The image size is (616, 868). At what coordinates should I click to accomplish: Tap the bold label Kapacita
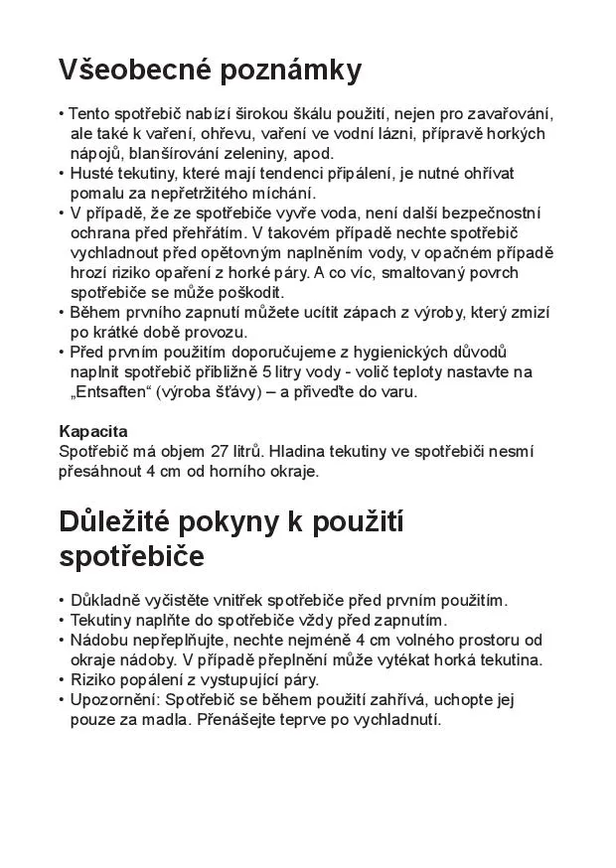point(93,431)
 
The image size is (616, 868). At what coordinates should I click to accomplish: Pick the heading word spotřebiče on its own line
point(131,557)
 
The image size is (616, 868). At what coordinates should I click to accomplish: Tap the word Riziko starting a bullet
point(95,679)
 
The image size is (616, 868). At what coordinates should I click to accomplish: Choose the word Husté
point(93,173)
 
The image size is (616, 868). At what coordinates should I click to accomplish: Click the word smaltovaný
point(409,272)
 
